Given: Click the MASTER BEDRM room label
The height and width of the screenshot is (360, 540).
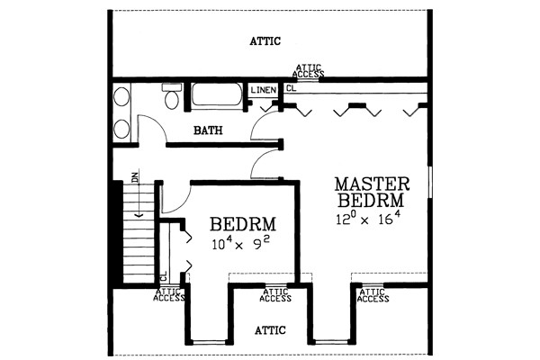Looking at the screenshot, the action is click(373, 193).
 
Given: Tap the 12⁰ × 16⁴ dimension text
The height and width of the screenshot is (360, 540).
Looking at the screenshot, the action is click(368, 219).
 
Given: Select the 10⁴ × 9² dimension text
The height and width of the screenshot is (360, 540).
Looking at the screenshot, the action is click(240, 243).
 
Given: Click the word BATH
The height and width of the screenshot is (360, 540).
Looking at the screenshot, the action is click(208, 130).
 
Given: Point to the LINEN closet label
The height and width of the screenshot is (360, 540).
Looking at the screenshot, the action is click(264, 90).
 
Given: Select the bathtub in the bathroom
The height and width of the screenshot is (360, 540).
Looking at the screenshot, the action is click(217, 94).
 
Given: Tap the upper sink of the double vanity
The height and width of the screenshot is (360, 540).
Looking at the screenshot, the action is click(121, 96).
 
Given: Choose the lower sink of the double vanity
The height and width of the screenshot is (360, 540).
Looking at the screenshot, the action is click(121, 129).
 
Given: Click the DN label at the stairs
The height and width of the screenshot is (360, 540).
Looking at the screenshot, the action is click(135, 176).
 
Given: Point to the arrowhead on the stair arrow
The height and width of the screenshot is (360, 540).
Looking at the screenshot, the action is click(139, 215).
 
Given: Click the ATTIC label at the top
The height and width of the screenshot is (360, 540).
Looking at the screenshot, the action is click(265, 41).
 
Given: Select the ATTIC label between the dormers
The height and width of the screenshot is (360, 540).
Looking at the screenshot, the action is click(270, 330).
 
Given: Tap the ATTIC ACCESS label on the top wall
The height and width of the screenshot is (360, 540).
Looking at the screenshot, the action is click(309, 71).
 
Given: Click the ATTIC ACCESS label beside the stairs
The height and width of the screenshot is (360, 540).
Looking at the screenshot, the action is click(169, 295).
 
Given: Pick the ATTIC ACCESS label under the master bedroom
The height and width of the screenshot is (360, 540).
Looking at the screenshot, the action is click(373, 296).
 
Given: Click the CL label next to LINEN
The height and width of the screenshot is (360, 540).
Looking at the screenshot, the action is click(291, 88).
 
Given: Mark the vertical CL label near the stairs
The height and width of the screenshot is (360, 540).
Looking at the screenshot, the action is click(164, 275).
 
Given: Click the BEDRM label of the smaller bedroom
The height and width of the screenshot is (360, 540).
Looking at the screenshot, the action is click(243, 224).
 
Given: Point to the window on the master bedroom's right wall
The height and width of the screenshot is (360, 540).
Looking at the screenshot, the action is click(429, 182).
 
